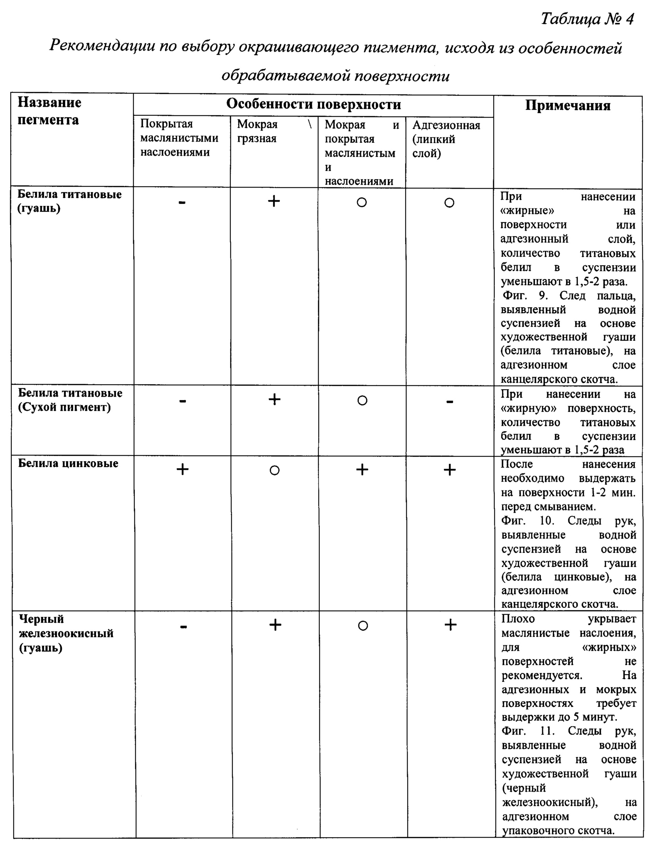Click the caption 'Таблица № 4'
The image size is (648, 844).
(587, 19)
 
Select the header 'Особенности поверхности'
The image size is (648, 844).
(313, 104)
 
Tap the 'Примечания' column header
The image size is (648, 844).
(567, 106)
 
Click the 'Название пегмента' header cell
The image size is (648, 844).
(49, 111)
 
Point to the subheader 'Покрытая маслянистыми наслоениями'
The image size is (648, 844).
(179, 138)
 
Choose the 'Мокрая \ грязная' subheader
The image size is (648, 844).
(274, 131)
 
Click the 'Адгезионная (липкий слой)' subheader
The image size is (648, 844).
(446, 139)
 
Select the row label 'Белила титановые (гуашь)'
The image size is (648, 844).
(69, 201)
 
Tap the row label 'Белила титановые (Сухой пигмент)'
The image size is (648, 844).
(70, 400)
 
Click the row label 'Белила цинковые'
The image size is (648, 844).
(68, 463)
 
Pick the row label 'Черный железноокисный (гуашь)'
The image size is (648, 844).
(66, 633)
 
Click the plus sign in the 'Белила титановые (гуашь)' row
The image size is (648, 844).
(274, 201)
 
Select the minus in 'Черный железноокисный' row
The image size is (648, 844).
(184, 627)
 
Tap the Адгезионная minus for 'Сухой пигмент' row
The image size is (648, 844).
(449, 402)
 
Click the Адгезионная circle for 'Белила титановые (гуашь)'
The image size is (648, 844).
(449, 203)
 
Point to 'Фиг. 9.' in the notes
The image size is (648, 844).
(525, 296)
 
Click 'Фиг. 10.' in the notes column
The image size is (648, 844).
(527, 521)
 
